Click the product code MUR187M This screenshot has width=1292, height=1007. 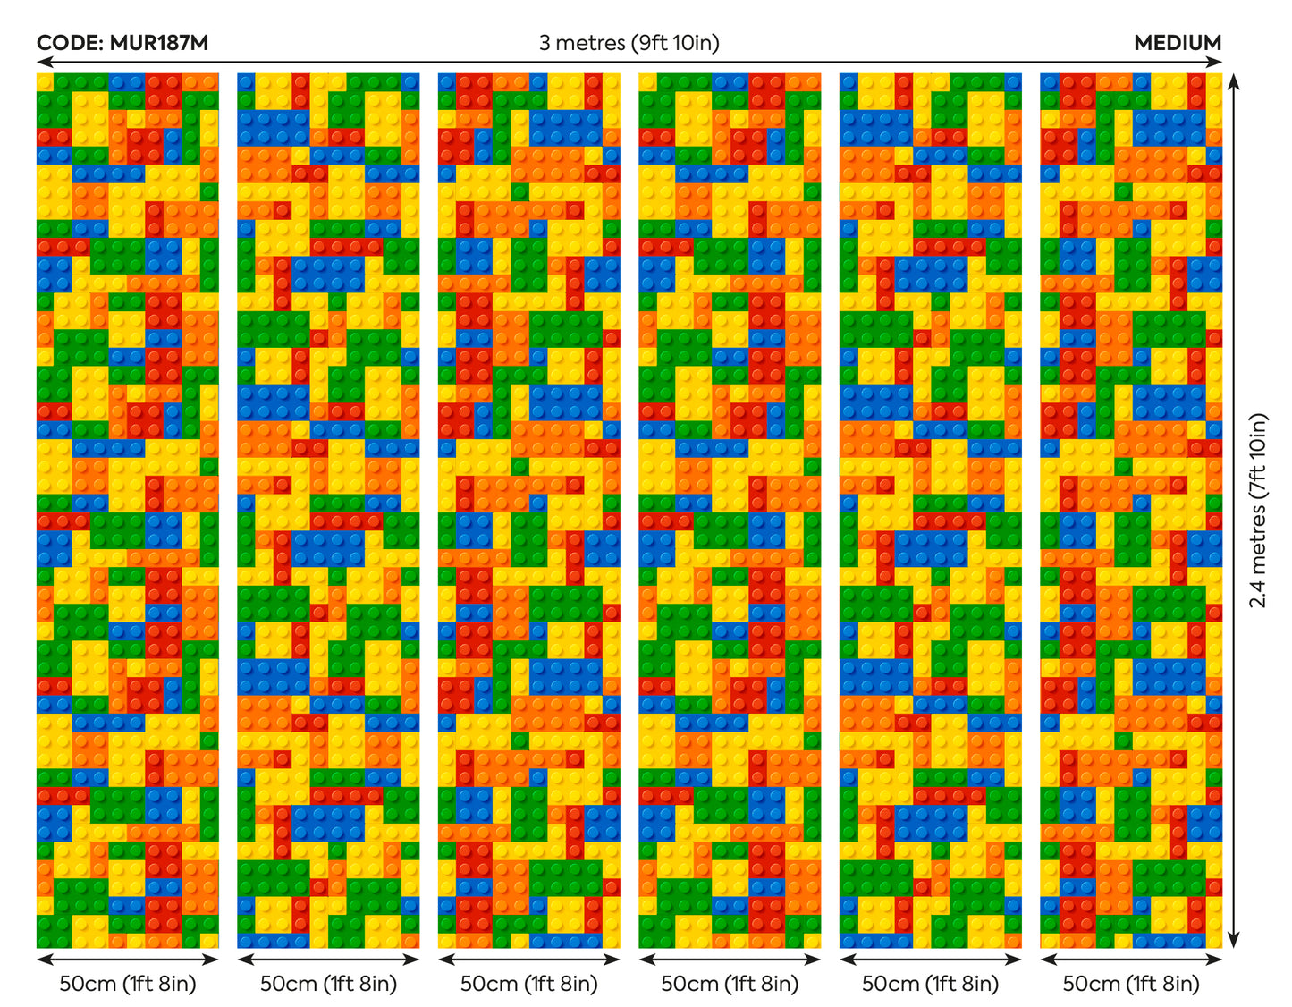(158, 43)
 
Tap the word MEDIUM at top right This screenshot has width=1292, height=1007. (1177, 43)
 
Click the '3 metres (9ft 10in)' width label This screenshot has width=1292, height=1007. (629, 43)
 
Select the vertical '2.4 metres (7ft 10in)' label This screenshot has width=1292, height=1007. (1258, 510)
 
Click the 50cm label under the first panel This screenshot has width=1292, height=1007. (127, 984)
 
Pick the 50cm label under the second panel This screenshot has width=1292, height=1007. (328, 984)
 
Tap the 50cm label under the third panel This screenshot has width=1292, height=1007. (528, 984)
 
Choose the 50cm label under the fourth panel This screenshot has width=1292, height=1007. (730, 984)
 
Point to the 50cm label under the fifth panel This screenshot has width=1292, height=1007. (930, 984)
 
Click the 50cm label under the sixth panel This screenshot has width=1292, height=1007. (1131, 984)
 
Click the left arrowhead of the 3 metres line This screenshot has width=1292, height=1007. (42, 63)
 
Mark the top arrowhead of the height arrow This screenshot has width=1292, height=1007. (1234, 80)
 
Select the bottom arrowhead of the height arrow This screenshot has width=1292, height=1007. (1234, 941)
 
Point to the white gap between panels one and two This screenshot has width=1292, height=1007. (228, 510)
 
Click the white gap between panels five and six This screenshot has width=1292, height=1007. (1031, 510)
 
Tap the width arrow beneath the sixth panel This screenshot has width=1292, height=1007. (1131, 960)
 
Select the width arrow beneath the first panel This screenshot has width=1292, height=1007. (127, 960)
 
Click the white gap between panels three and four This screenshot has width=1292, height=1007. (629, 510)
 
